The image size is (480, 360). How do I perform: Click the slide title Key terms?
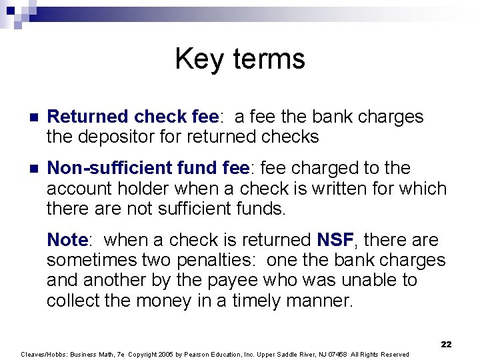240,59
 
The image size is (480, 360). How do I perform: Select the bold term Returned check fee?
133,117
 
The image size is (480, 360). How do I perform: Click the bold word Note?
67,240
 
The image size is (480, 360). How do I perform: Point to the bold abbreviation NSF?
335,240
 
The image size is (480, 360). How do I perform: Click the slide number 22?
446,344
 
